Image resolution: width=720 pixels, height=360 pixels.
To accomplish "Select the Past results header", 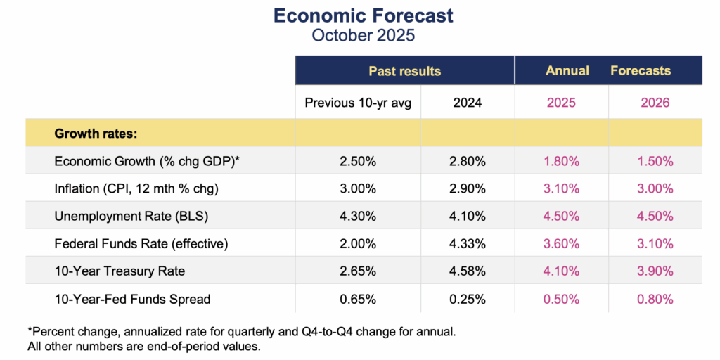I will [404, 71].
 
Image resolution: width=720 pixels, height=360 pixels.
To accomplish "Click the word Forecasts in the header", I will [640, 71].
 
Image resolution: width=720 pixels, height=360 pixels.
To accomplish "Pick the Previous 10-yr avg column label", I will [358, 103].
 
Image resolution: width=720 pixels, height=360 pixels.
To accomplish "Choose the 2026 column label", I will [655, 103].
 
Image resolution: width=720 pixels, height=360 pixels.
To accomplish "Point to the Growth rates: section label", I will [96, 132].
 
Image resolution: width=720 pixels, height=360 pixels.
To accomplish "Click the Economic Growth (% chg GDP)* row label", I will [147, 161].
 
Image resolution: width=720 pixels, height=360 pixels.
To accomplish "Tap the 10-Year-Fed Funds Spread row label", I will [132, 299].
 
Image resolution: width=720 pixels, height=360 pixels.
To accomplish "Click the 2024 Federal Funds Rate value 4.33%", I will [468, 244].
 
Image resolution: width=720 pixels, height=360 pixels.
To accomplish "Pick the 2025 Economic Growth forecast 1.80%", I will [561, 161].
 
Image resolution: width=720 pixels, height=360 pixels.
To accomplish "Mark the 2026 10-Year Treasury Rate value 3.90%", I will [655, 271].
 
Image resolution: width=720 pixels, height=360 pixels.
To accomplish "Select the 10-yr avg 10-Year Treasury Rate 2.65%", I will [358, 271].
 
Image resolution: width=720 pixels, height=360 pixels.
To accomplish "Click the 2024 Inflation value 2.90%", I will [468, 189].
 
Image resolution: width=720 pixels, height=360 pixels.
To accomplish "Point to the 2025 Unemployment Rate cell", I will [561, 217].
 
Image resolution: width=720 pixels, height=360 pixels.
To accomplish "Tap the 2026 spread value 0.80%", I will [655, 299].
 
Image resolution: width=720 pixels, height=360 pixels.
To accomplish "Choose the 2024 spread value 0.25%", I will [468, 299].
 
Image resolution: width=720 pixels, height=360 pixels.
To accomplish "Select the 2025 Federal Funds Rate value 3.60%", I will [561, 244].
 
